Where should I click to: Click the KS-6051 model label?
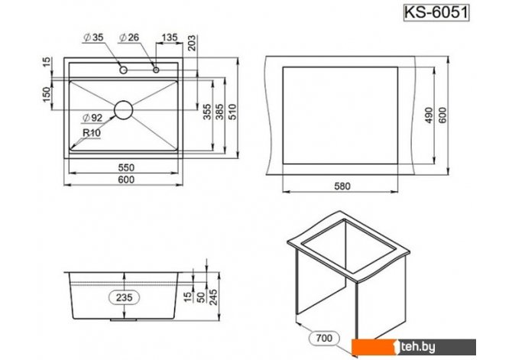click(x=436, y=13)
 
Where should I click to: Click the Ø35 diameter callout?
click(x=93, y=37)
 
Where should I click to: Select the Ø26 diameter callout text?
click(x=129, y=37)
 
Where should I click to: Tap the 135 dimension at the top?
click(x=170, y=37)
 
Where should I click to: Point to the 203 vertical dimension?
click(x=192, y=43)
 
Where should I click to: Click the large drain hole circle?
click(x=124, y=110)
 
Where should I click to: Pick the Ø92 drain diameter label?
click(x=92, y=118)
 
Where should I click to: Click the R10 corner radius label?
click(x=92, y=133)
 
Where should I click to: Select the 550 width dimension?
click(x=126, y=167)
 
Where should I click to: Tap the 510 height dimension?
click(x=232, y=112)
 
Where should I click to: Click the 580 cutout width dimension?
click(x=342, y=186)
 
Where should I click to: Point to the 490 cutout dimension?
click(x=429, y=115)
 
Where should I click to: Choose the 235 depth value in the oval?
click(x=125, y=297)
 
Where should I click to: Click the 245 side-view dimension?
click(x=213, y=297)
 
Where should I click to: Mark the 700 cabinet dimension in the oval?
click(x=324, y=338)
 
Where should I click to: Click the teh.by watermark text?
click(x=418, y=346)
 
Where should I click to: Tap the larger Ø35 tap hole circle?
click(x=124, y=70)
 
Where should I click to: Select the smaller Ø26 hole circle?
click(x=156, y=70)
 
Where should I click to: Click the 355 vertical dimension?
click(x=208, y=112)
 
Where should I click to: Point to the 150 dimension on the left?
click(x=47, y=95)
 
